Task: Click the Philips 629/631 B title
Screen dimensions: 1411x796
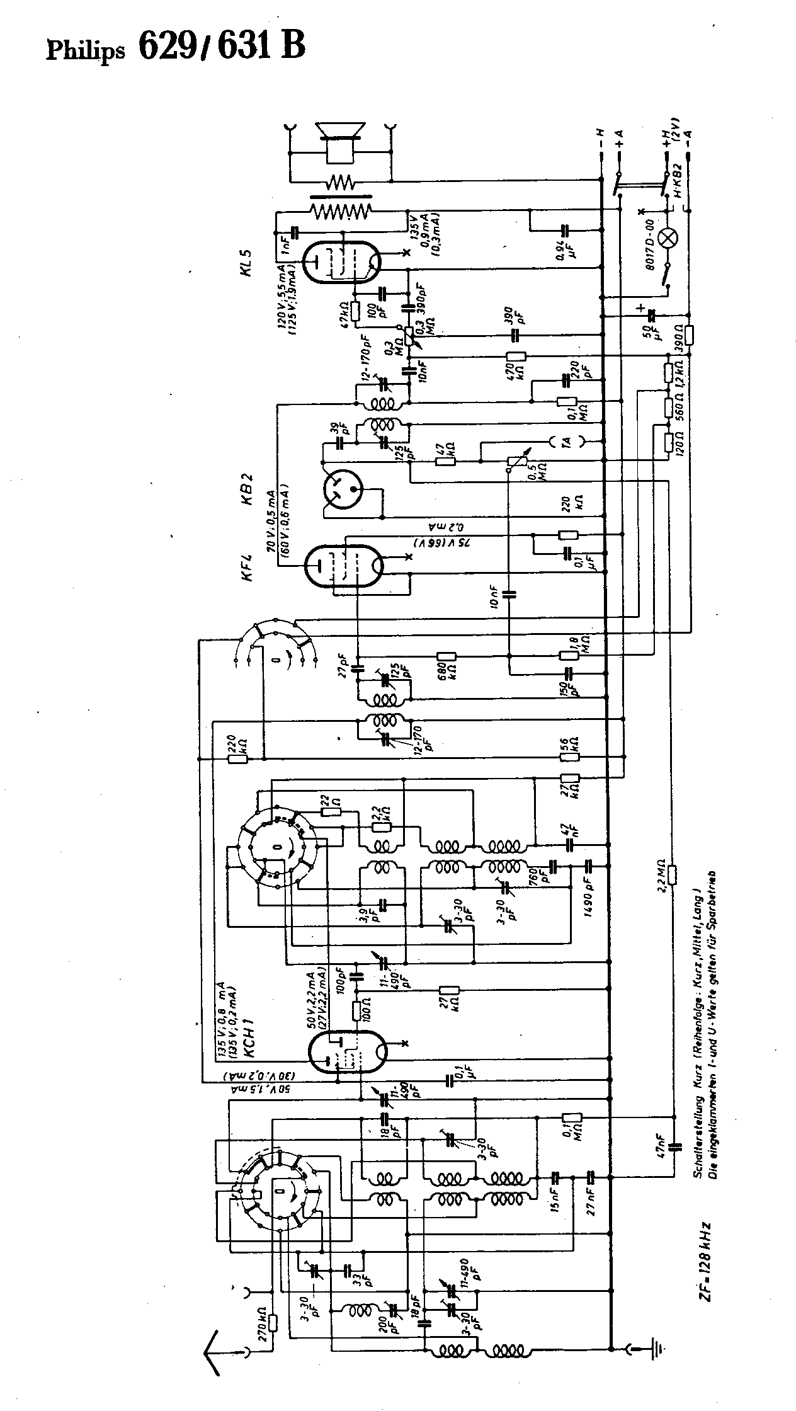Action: pyautogui.click(x=176, y=48)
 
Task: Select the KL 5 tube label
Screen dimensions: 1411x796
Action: pyautogui.click(x=246, y=263)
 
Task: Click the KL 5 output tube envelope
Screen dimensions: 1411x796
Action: pyautogui.click(x=341, y=263)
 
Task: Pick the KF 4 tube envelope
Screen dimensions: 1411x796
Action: pyautogui.click(x=343, y=566)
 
